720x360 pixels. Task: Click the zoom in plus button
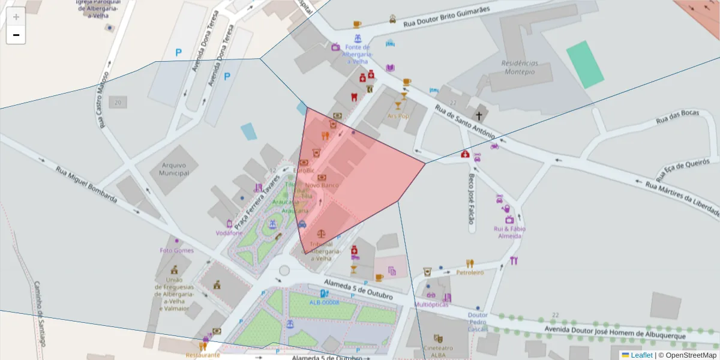tap(16, 16)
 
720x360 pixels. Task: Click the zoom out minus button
tap(16, 35)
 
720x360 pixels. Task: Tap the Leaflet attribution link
tap(641, 355)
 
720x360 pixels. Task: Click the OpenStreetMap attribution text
tap(688, 355)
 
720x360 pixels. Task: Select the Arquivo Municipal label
tap(174, 169)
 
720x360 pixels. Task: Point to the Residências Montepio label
tap(520, 67)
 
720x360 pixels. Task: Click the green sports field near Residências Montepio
tap(584, 64)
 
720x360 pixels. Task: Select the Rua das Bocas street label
tap(677, 121)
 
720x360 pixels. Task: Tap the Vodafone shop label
tap(229, 232)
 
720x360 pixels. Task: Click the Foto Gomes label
tap(176, 250)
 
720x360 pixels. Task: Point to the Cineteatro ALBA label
tap(438, 352)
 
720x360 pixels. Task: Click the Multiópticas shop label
tap(431, 304)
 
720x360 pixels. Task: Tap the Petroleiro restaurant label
tap(470, 272)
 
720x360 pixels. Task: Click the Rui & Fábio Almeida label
tap(509, 232)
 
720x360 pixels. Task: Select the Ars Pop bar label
tap(397, 116)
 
